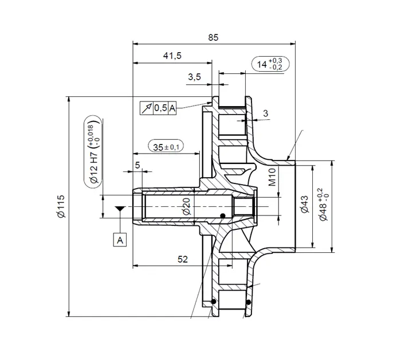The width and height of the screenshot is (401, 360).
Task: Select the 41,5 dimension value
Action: click(x=172, y=56)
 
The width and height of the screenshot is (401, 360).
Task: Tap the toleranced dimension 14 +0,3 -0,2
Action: click(x=270, y=64)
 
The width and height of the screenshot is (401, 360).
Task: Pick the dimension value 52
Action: click(x=183, y=259)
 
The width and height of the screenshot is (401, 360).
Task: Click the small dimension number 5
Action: click(x=137, y=165)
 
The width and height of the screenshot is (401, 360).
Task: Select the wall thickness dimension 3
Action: click(x=265, y=114)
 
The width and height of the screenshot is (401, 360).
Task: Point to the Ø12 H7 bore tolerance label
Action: click(x=93, y=151)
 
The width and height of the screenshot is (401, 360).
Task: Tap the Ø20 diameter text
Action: click(x=186, y=205)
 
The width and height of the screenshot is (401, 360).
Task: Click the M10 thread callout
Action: click(x=273, y=177)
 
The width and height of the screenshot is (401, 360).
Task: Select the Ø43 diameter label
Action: click(x=304, y=205)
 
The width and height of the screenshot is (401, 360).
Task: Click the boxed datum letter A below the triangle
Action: click(x=120, y=240)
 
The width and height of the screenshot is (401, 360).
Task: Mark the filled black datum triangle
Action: click(x=120, y=210)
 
